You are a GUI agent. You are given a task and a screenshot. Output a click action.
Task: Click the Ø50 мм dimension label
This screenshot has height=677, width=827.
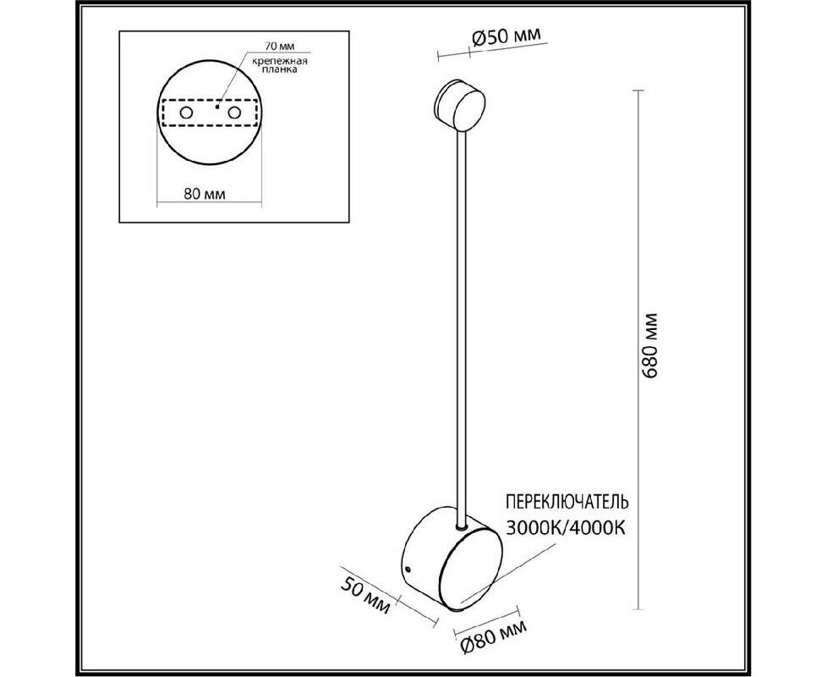pyautogui.click(x=507, y=38)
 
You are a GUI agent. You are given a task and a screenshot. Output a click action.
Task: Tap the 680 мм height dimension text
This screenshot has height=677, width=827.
pyautogui.click(x=651, y=345)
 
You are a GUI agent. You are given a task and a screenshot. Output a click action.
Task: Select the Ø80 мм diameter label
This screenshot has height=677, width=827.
pyautogui.click(x=494, y=636)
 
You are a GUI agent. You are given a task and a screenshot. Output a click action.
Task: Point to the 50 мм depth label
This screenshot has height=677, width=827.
pyautogui.click(x=365, y=596)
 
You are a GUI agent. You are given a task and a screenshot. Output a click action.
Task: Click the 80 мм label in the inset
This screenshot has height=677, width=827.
pyautogui.click(x=205, y=194)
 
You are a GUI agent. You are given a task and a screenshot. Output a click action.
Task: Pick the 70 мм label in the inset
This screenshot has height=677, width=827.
pyautogui.click(x=280, y=47)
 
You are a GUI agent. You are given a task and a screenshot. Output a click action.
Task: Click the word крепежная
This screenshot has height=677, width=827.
pyautogui.click(x=280, y=61)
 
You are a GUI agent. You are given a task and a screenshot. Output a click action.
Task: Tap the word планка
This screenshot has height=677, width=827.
pyautogui.click(x=280, y=70)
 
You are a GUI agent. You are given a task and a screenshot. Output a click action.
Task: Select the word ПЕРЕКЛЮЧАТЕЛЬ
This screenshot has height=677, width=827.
pyautogui.click(x=567, y=501)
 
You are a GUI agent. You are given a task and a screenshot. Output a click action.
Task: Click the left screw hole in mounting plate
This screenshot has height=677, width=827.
pyautogui.click(x=186, y=113)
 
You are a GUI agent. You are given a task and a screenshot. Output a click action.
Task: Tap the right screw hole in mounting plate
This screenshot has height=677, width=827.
pyautogui.click(x=234, y=113)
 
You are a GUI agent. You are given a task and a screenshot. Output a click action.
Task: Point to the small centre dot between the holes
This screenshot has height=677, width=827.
pyautogui.click(x=216, y=107)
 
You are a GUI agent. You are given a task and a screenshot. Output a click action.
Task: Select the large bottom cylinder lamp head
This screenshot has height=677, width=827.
pyautogui.click(x=452, y=559)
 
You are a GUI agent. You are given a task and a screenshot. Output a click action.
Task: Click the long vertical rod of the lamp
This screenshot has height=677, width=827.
pyautogui.click(x=462, y=327)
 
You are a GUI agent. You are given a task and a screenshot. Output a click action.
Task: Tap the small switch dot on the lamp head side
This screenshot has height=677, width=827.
pyautogui.click(x=408, y=569)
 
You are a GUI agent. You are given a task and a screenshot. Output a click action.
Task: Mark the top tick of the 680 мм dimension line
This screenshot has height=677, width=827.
pyautogui.click(x=638, y=91)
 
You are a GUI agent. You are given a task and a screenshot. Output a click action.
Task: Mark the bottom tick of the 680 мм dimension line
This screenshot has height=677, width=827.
pyautogui.click(x=638, y=609)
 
